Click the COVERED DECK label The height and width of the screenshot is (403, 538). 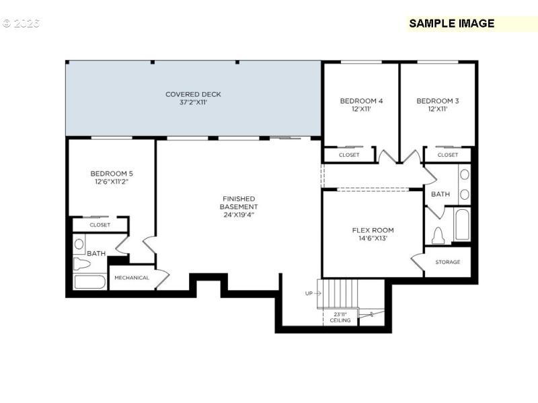[193, 94]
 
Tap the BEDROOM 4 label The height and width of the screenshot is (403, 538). [361, 101]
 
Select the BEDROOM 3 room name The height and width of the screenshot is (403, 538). [438, 101]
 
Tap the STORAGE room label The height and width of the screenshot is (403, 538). [448, 262]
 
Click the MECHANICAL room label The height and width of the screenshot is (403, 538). [132, 277]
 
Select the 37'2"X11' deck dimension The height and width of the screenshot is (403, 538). [193, 103]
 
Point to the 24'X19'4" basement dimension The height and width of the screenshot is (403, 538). [239, 215]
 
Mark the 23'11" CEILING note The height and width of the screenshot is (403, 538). [340, 317]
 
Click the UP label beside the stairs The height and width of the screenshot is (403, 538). [309, 293]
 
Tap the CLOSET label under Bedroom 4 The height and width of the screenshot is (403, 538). [349, 155]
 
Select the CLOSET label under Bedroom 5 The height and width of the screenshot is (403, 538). [100, 225]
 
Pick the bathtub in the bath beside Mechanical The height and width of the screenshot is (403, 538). [89, 282]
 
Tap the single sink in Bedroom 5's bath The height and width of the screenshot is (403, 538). [79, 244]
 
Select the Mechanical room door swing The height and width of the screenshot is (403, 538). [161, 277]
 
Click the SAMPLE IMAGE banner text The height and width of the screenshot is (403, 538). [452, 24]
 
